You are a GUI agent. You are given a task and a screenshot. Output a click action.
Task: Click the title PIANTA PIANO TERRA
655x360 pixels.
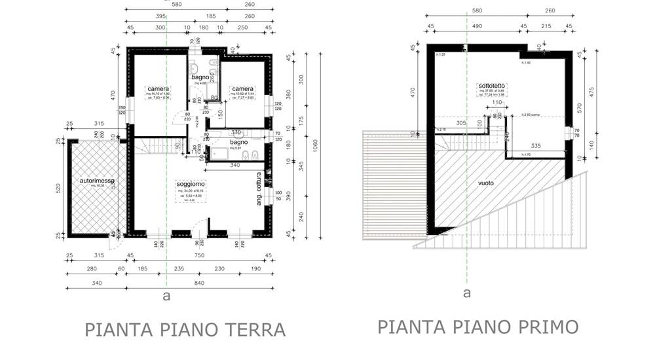185,329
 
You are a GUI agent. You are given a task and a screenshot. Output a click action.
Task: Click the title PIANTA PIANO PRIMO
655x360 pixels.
478,326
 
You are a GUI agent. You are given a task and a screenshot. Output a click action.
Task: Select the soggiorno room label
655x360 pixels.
191,185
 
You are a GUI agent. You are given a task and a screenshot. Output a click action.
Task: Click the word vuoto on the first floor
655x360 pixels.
486,183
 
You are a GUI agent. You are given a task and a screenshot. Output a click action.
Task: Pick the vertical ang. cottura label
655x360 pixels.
259,189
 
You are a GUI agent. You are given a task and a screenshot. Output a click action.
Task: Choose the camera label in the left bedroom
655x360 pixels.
159,89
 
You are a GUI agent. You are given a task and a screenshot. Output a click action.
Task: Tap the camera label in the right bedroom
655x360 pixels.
242,89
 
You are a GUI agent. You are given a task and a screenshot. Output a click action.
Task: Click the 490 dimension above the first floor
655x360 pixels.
476,26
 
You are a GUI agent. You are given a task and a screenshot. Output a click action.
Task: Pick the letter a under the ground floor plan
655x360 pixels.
166,296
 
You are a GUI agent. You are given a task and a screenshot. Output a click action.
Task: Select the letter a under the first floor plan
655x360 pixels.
466,293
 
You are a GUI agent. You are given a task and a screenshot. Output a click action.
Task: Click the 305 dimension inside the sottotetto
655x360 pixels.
461,122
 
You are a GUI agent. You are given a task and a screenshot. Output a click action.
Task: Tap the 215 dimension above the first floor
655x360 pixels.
545,26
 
